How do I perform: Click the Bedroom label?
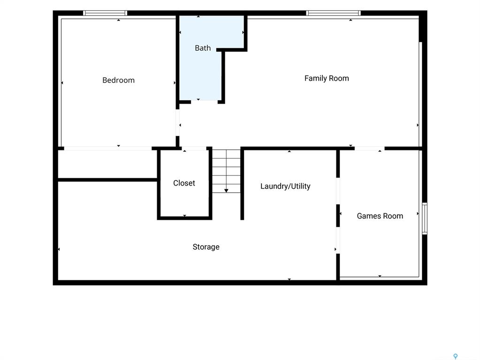click(118, 80)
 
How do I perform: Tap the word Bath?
click(203, 48)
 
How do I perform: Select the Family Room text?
click(327, 78)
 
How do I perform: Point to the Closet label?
click(184, 183)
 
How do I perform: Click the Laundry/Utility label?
click(285, 186)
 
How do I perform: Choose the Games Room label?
click(380, 216)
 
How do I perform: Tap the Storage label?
click(206, 247)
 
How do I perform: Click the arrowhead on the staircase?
click(226, 191)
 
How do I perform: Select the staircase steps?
click(226, 171)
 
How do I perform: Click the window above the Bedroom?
click(105, 13)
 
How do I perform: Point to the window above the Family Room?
click(333, 13)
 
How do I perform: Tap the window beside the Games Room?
click(425, 218)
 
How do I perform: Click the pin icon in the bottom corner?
click(456, 356)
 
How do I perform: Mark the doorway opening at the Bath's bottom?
click(204, 102)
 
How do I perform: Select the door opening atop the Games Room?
click(369, 148)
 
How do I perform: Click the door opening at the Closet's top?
click(194, 148)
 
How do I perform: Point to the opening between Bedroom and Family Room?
click(177, 122)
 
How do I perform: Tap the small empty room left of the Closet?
click(107, 164)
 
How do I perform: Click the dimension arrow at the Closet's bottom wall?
click(184, 216)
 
